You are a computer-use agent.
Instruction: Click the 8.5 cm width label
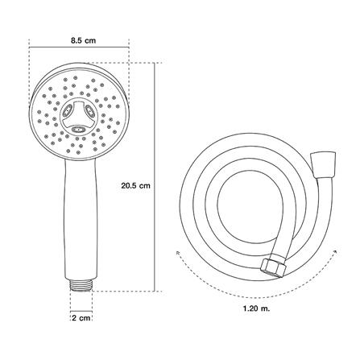(83, 41)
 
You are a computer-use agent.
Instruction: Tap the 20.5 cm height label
(135, 186)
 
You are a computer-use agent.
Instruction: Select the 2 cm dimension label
(81, 318)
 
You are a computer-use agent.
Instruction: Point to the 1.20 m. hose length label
(257, 308)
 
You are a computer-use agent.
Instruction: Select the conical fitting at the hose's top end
(323, 164)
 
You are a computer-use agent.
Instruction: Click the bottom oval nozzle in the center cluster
(79, 130)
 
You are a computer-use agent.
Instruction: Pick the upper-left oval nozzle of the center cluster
(67, 110)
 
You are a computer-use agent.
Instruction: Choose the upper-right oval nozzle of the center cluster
(89, 110)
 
